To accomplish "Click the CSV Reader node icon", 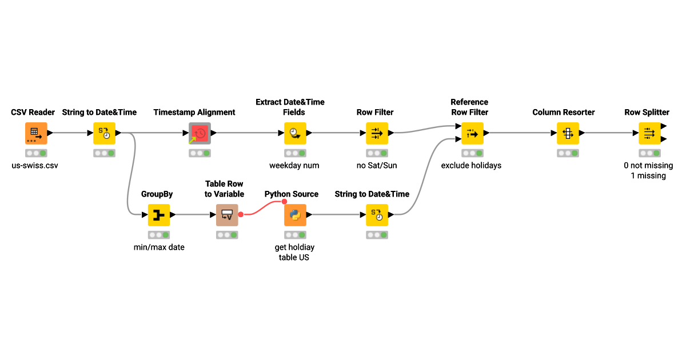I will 36,133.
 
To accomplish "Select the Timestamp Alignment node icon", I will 200,133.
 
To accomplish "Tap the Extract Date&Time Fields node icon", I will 295,133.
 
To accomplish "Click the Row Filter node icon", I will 377,133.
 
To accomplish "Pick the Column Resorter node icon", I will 567,133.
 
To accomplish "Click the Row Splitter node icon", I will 649,133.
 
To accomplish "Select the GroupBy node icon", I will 159,215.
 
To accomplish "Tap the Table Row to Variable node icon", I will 227,215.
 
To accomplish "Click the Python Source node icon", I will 295,215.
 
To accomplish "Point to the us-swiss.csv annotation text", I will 35,166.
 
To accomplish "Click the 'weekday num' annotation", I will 294,166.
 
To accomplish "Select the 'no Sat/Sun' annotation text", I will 376,166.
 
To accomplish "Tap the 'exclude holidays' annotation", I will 471,166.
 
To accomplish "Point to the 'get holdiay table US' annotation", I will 295,252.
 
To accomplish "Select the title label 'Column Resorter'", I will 564,113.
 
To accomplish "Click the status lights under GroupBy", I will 159,235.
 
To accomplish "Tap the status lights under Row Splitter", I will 649,153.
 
